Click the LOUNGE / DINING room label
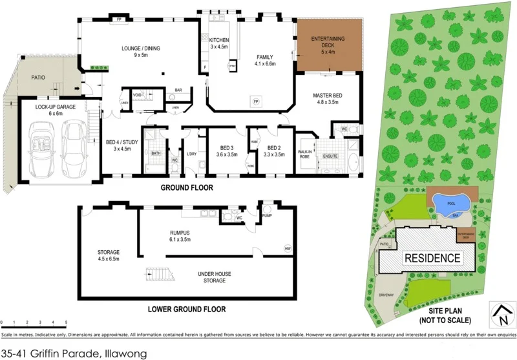[x=141, y=48]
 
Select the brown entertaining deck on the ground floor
[x=328, y=45]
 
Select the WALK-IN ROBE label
[x=305, y=153]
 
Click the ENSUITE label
[x=330, y=156]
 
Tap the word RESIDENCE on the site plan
[x=432, y=258]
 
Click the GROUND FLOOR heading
[x=187, y=188]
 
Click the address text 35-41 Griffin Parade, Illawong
[x=74, y=353]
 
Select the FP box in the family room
[x=255, y=102]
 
